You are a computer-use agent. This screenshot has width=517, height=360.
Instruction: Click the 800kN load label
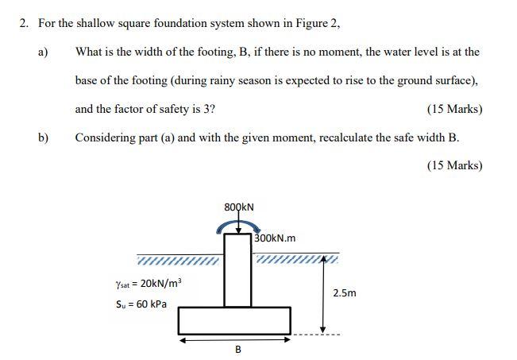[239, 207]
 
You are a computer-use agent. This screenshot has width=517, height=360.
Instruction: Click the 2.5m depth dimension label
[345, 293]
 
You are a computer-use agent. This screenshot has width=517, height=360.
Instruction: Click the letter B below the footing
[237, 350]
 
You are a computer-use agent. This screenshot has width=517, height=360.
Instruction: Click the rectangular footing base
[234, 320]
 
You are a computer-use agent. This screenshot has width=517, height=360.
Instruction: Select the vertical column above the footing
[237, 270]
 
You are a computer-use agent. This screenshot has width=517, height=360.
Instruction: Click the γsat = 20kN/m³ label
[149, 283]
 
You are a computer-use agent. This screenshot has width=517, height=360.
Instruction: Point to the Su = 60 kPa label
[141, 304]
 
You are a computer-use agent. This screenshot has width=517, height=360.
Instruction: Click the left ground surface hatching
[177, 261]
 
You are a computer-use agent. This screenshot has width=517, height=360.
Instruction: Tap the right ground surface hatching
[295, 259]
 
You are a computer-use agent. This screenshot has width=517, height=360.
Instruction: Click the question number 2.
[24, 23]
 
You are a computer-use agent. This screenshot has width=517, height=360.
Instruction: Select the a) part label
[43, 52]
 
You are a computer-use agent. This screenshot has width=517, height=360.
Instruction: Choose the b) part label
[43, 137]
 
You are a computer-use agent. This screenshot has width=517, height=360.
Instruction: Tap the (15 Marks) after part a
[454, 109]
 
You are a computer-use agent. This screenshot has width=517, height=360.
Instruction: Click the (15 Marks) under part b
[454, 165]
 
